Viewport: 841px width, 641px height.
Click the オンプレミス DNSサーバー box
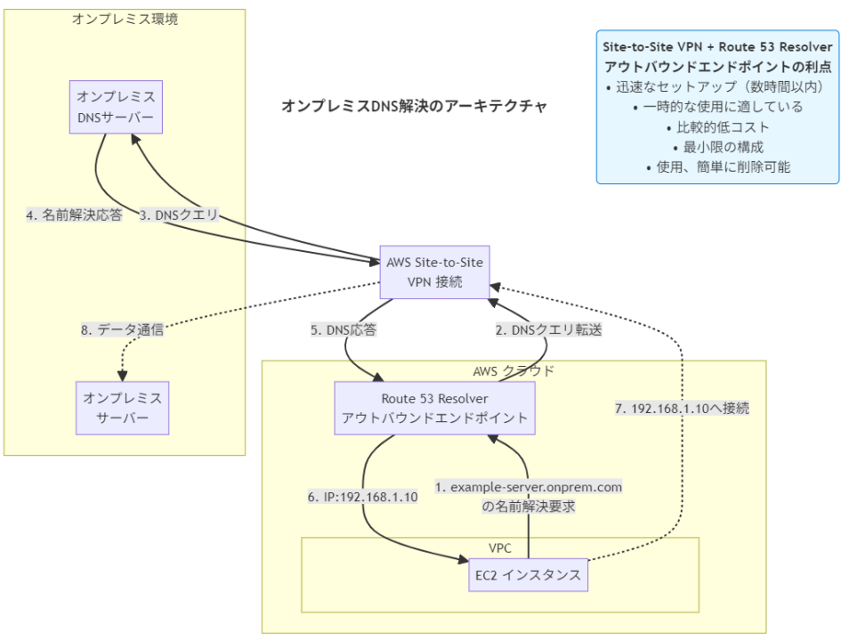coord(117,108)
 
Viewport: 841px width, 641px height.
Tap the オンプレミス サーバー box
coord(121,408)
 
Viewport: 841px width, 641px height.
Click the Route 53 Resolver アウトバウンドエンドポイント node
coord(433,408)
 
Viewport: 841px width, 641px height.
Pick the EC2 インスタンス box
coord(529,575)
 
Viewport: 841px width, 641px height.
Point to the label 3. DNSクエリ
coord(179,214)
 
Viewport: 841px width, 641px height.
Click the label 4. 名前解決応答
coord(74,214)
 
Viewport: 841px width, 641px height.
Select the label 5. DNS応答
coord(344,329)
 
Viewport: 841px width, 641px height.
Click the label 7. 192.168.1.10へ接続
coord(682,409)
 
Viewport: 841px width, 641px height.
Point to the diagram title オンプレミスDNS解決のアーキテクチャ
coord(414,105)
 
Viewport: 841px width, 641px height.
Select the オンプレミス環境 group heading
coord(125,18)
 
